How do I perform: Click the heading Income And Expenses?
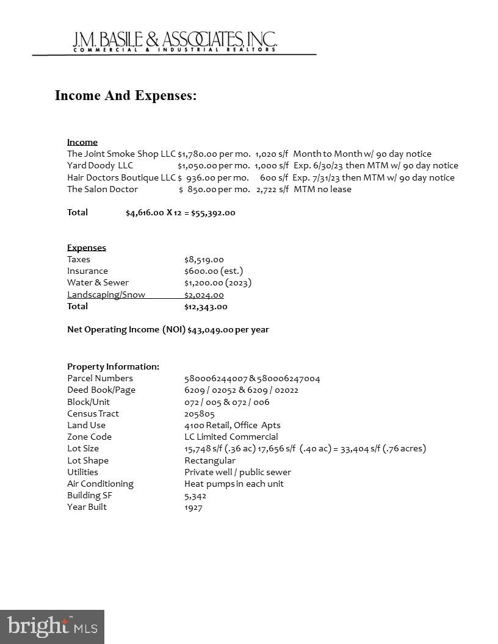(x=126, y=96)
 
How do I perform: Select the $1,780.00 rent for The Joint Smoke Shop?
(x=197, y=154)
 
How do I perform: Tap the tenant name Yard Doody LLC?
(x=100, y=165)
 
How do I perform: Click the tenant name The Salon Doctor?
(x=103, y=189)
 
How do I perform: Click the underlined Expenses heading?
(x=87, y=248)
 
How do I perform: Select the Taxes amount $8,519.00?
(x=204, y=259)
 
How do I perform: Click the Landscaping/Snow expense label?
(x=106, y=295)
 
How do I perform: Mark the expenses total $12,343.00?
(x=206, y=307)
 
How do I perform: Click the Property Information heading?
(x=113, y=367)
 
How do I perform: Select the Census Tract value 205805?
(x=200, y=413)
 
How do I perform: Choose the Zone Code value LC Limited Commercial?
(x=231, y=437)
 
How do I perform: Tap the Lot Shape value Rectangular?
(x=210, y=460)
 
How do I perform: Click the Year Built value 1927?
(x=193, y=507)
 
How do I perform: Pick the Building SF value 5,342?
(x=195, y=495)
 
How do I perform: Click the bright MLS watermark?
(x=52, y=626)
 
